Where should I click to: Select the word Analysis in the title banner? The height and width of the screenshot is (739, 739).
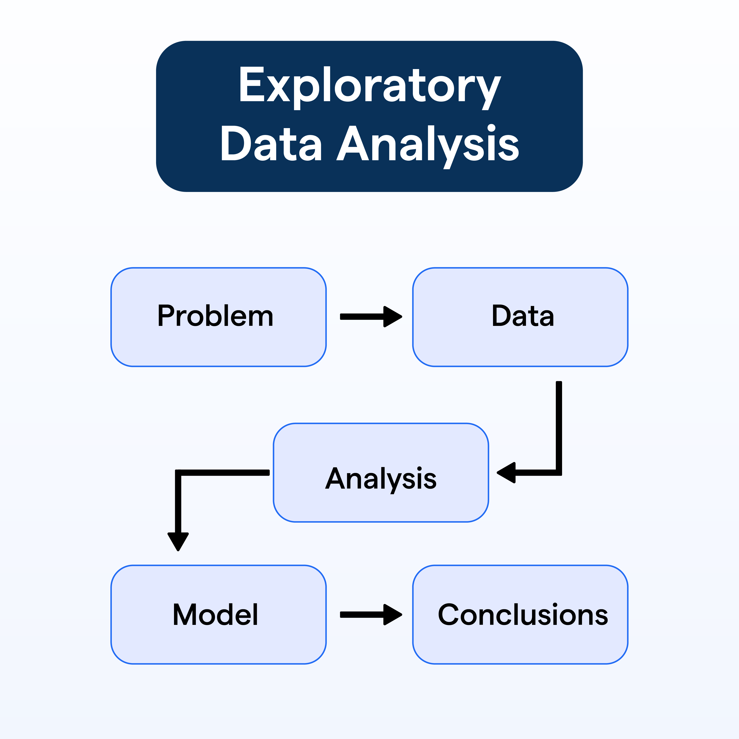[x=428, y=145]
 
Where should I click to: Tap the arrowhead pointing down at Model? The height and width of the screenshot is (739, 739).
[x=178, y=540]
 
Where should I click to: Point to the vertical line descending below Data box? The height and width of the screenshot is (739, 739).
[x=559, y=425]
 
